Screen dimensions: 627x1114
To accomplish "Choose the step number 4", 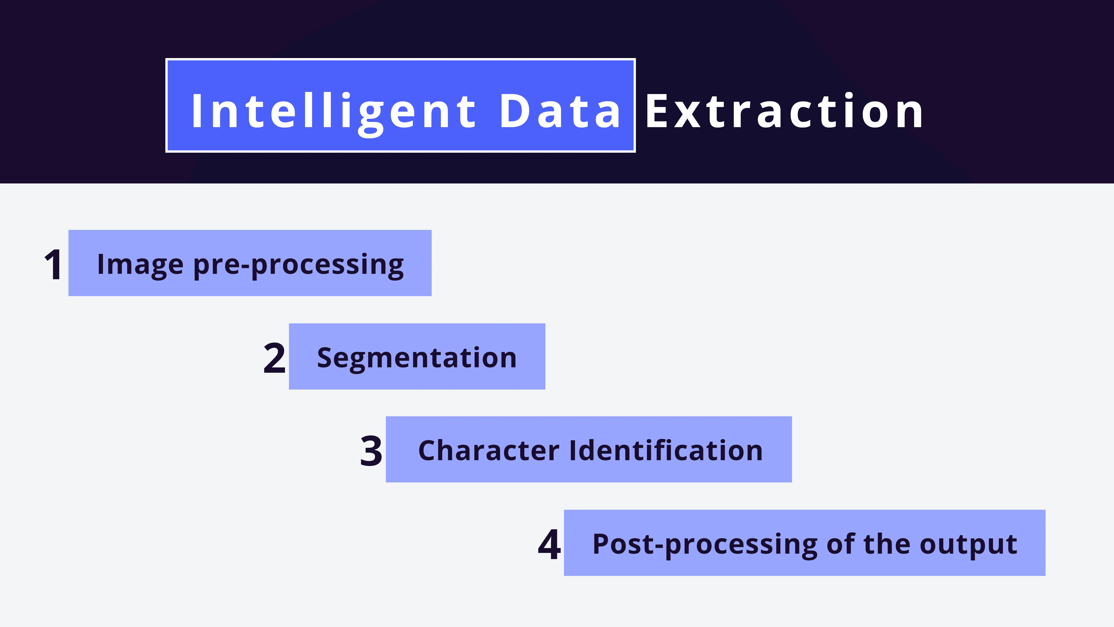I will tap(549, 544).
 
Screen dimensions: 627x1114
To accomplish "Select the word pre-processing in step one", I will tap(298, 265).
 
